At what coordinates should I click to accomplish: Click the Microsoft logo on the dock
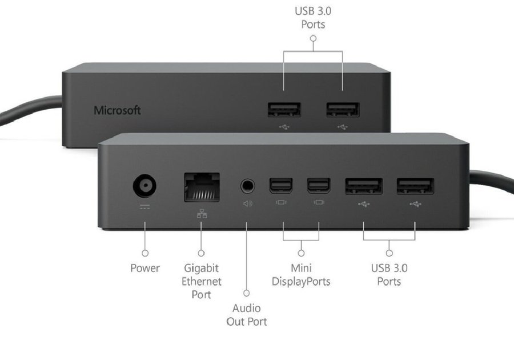117,110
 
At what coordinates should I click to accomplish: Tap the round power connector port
144,186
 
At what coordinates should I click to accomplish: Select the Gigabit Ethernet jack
202,187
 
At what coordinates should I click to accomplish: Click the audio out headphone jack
247,186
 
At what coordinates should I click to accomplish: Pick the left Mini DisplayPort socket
281,186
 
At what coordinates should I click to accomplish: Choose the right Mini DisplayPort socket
319,186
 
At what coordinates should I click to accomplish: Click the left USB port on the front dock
364,186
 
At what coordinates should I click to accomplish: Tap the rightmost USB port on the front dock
415,186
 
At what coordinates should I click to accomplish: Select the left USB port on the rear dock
284,110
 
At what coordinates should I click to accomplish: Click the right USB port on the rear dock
343,110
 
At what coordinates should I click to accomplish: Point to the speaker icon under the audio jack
248,204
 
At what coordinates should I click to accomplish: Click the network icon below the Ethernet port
202,214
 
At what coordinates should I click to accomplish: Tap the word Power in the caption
145,268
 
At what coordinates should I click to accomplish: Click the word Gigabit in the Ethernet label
201,268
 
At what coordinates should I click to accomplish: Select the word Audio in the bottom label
247,308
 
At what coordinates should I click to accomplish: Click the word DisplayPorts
301,282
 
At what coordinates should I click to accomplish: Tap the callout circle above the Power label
145,253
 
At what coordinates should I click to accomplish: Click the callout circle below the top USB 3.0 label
313,38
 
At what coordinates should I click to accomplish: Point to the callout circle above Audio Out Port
247,293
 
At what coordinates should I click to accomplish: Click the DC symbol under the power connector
144,207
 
